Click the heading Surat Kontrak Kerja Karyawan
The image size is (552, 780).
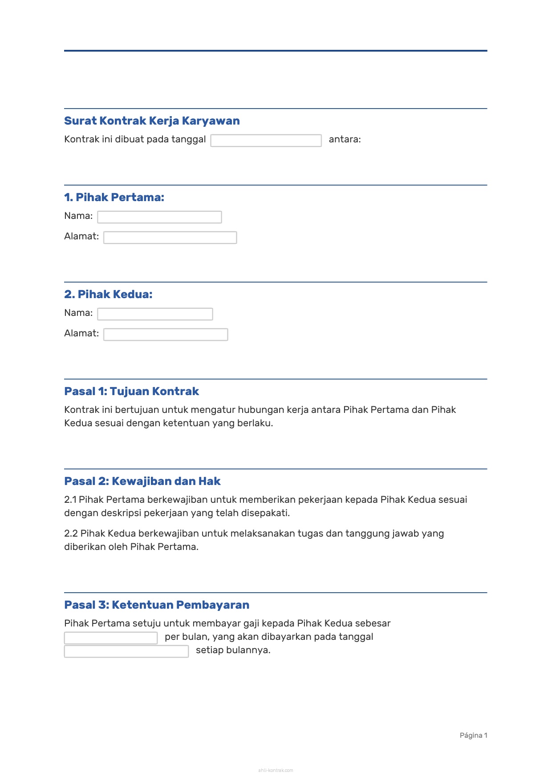(152, 121)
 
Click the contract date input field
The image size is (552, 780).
(266, 141)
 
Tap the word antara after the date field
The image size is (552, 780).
(345, 139)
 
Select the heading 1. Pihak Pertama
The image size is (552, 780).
(114, 198)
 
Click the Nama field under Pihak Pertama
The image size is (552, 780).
(159, 217)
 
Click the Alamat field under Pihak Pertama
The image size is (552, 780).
(170, 238)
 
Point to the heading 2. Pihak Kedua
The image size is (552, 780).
(108, 295)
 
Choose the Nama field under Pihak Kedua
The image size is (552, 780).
(155, 314)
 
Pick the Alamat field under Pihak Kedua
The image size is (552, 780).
(166, 335)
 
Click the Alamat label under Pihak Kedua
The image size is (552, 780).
(81, 333)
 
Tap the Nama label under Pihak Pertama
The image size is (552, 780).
(78, 216)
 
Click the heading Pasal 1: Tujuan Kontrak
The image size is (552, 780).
(131, 392)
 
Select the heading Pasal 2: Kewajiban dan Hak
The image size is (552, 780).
(142, 481)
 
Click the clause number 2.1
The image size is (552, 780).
(70, 500)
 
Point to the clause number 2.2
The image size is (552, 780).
(71, 533)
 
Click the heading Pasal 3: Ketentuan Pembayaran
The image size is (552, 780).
(157, 605)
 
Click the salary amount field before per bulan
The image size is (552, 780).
(111, 638)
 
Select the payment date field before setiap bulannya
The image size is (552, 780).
(126, 651)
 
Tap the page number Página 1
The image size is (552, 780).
(473, 736)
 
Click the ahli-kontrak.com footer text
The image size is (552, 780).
(276, 770)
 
